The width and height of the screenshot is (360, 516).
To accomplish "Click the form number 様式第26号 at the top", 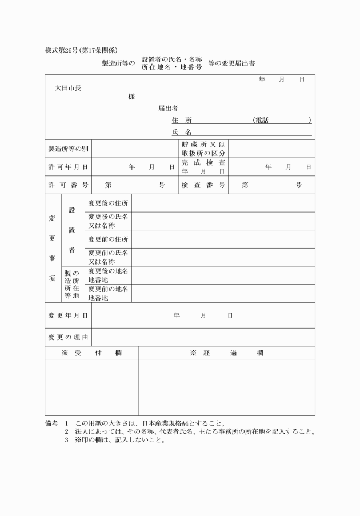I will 64,50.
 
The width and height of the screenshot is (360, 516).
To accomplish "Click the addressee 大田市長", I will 67,88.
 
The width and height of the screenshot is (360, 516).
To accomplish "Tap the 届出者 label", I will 169,108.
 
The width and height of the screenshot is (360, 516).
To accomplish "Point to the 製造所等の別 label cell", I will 69,149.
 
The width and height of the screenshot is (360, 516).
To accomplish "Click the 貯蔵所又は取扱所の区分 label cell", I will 203,149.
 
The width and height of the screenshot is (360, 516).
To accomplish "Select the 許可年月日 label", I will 69,167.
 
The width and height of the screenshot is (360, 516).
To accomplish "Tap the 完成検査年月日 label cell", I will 203,167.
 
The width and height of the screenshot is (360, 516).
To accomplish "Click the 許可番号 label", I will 69,185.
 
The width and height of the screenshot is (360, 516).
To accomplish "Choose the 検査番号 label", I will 203,185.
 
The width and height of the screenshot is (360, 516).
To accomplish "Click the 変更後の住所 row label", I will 108,203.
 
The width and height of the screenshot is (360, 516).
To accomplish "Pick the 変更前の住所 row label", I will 108,239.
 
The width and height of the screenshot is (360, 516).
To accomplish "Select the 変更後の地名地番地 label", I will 108,275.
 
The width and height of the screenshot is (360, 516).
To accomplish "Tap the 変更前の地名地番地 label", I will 108,293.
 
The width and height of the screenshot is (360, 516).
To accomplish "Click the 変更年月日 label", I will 69,315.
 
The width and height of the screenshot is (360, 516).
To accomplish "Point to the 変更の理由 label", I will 69,337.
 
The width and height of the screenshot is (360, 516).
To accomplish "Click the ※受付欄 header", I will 91,353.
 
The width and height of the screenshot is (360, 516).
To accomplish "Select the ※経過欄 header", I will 226,353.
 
